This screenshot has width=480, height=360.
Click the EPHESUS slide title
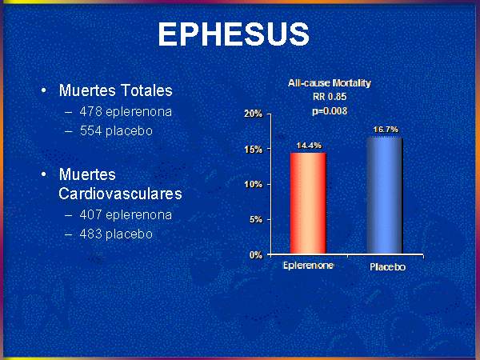click(x=234, y=34)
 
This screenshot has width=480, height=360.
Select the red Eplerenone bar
click(x=308, y=203)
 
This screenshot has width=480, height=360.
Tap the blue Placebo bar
click(x=385, y=195)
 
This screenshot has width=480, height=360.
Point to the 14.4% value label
click(x=309, y=146)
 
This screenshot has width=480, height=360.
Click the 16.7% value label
click(x=386, y=130)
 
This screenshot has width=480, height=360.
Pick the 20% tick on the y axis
click(x=254, y=114)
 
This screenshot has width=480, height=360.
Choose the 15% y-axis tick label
click(x=254, y=150)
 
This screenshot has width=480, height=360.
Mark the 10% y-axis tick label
click(x=254, y=184)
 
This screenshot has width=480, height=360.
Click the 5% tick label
click(x=256, y=219)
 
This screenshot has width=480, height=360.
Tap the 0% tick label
click(x=256, y=255)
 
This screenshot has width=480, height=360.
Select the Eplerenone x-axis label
click(x=308, y=265)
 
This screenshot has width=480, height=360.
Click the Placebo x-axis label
click(x=387, y=267)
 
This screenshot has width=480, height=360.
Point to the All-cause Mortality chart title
click(x=330, y=83)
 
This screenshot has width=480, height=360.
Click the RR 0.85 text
click(x=330, y=97)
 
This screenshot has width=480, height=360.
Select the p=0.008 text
click(x=330, y=111)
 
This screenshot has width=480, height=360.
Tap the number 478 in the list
click(x=90, y=112)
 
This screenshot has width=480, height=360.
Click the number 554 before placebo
click(x=90, y=131)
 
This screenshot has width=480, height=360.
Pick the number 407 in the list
click(x=90, y=215)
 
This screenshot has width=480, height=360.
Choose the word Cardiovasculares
click(x=120, y=194)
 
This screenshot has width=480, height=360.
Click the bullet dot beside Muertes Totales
click(x=44, y=90)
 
